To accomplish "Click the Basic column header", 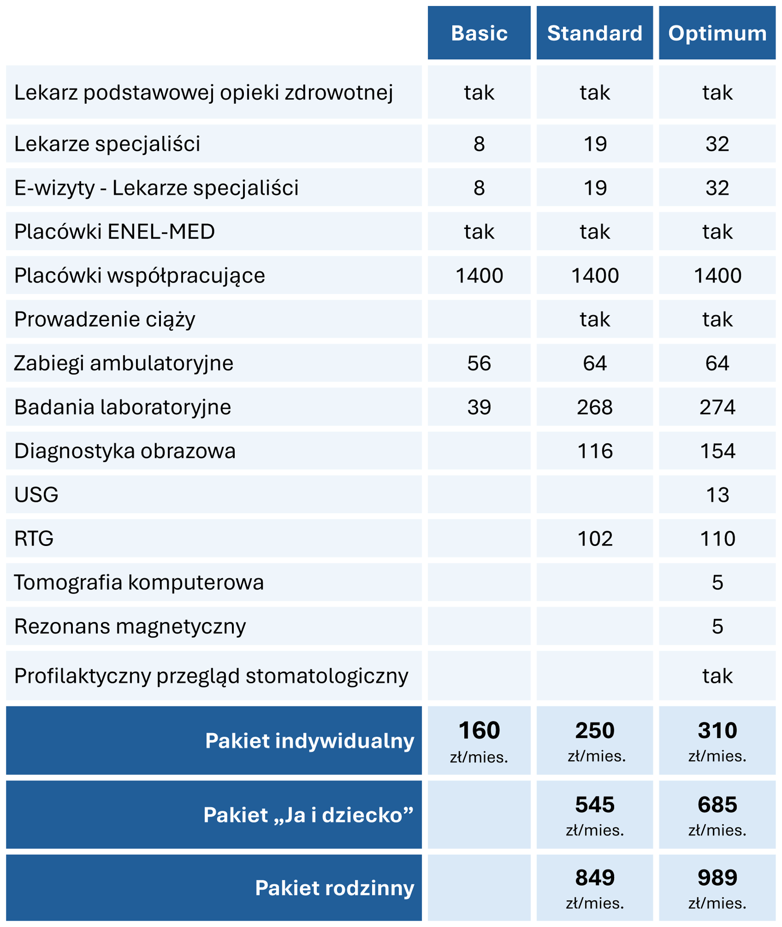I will coord(479,33).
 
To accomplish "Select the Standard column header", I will coord(594,33).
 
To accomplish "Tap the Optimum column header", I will coord(717,33).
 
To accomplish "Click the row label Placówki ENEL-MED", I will coord(114,232).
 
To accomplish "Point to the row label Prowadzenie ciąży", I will coord(104,319).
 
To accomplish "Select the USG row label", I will coord(36,495).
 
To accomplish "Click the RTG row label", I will coord(34,539).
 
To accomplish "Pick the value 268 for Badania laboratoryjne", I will coord(594,407).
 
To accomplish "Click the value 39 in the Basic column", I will coord(479,407).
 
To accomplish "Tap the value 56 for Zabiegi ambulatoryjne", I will coord(479,363).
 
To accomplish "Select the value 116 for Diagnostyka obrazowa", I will coord(594,451).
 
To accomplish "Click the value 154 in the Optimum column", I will coord(717,451).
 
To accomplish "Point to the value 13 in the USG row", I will coord(717,495).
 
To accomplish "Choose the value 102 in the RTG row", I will coord(594,539).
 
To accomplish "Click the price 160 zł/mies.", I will coord(479,740).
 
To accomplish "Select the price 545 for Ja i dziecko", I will coord(594,814).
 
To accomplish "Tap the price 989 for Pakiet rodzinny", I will coord(717,887).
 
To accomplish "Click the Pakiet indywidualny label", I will coord(309,741).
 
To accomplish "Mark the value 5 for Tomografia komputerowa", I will coord(717,583).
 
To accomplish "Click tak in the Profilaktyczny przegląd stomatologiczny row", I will coord(717,676).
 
